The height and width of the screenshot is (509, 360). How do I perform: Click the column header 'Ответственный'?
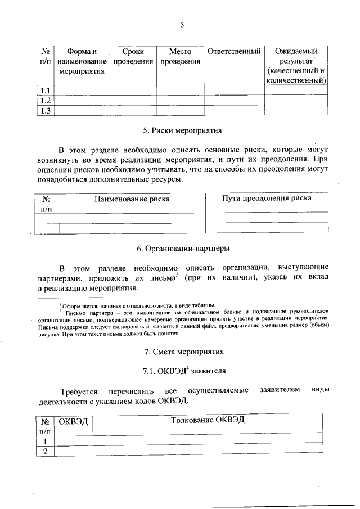pos(233,52)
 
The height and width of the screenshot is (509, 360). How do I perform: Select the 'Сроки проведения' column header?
pos(133,56)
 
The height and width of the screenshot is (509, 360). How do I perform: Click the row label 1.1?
pos(45,91)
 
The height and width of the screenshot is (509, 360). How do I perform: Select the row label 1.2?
pos(45,101)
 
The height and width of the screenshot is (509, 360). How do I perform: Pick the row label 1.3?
pos(45,111)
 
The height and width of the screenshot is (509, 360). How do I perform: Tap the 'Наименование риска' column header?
pos(132,199)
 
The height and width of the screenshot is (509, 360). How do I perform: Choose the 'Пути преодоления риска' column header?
pos(266,198)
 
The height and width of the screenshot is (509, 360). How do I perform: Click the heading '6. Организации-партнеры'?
pos(183,248)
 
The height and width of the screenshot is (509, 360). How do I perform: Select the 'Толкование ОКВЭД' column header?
pos(208,420)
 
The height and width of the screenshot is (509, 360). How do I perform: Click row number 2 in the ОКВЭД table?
pos(44,452)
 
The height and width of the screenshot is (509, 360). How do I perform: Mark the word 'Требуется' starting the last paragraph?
pos(79,391)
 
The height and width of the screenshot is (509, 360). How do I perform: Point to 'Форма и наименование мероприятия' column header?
pos(83,61)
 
